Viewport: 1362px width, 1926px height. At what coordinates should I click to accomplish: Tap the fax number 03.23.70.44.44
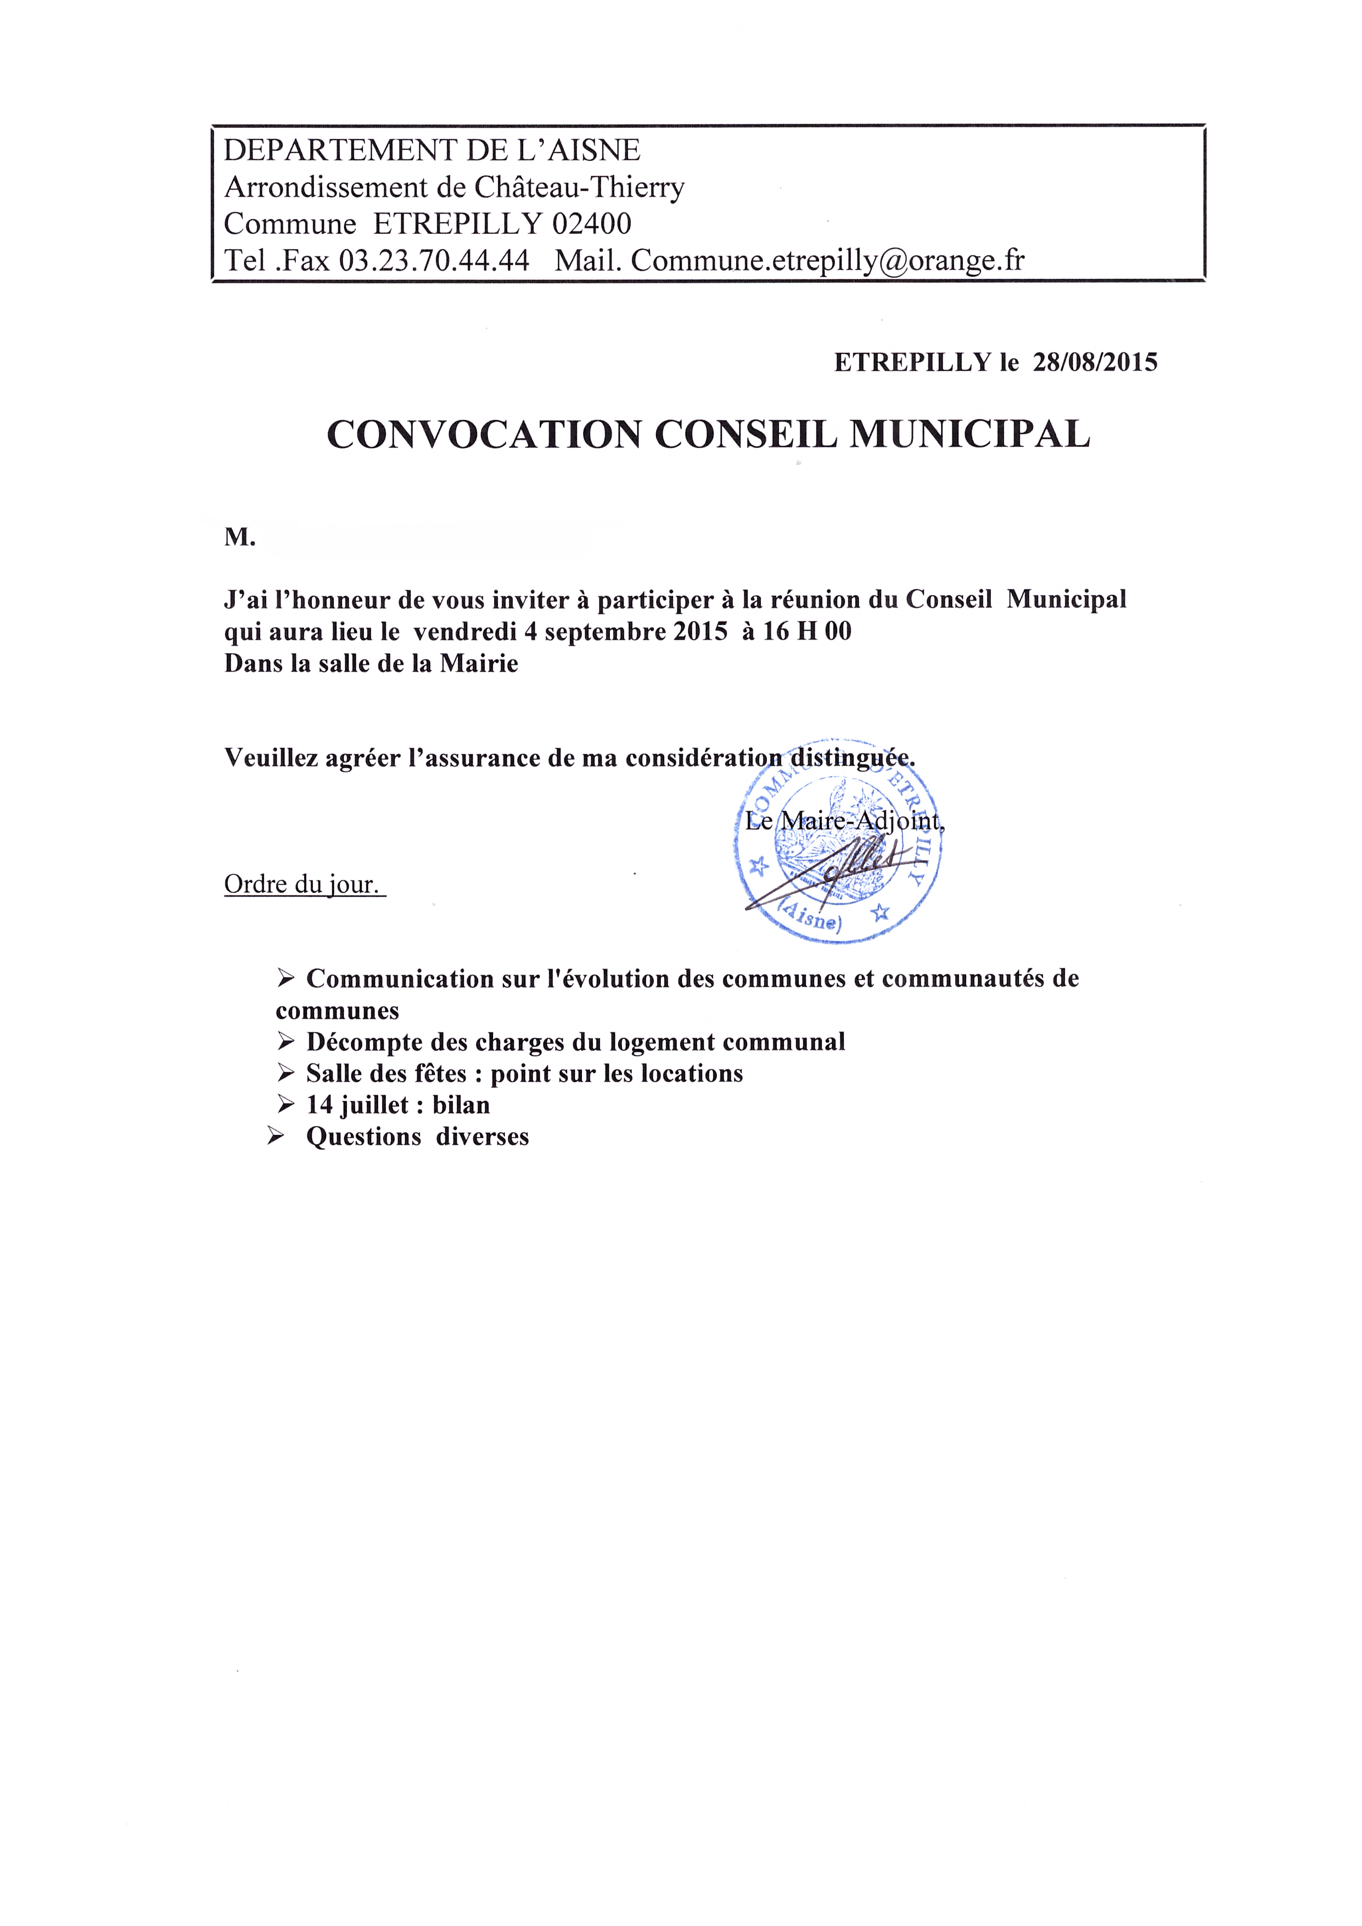434,261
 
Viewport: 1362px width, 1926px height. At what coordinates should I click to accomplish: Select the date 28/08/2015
1095,362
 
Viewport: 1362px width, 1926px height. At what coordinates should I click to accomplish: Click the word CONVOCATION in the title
484,434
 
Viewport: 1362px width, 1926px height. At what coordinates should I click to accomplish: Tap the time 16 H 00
807,631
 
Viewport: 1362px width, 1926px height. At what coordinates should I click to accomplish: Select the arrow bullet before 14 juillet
287,1105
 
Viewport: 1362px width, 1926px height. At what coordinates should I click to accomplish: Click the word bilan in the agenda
461,1105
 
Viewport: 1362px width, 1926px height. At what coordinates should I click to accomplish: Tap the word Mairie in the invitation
479,664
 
